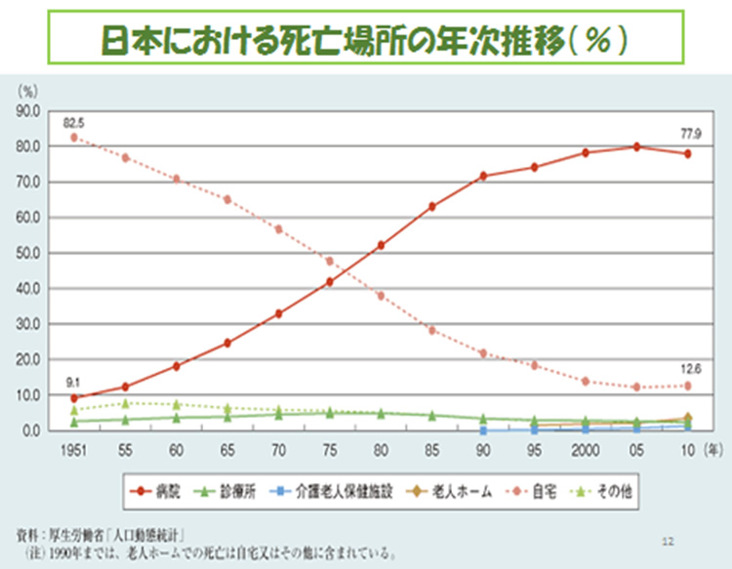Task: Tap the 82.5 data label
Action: click(74, 123)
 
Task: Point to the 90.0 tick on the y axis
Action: click(28, 111)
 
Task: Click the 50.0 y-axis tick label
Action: click(28, 253)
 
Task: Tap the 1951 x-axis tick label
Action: click(74, 450)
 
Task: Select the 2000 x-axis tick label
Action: click(586, 450)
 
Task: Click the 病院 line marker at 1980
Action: click(381, 245)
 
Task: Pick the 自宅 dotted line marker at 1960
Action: click(177, 179)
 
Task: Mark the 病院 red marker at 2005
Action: click(636, 146)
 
